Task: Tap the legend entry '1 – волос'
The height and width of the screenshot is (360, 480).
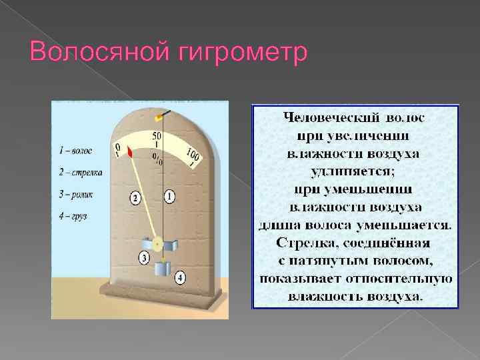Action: (x=75, y=151)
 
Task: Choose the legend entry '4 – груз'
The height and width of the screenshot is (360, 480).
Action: (x=73, y=216)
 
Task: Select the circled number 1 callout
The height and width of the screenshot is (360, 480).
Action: (x=169, y=197)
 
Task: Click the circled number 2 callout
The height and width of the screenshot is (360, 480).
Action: (x=135, y=199)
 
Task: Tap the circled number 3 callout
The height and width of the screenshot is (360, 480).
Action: (x=143, y=257)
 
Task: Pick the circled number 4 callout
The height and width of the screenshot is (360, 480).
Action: (x=181, y=277)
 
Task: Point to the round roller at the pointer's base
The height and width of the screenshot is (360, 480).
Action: (x=158, y=242)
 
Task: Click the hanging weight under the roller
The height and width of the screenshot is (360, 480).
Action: (x=163, y=271)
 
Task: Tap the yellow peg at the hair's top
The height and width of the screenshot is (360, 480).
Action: (x=159, y=117)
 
